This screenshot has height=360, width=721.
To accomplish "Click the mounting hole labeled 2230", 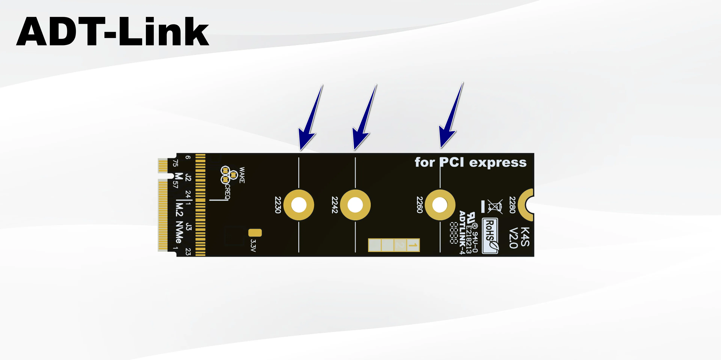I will [299, 205].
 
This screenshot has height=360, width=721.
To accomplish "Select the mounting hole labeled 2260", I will [440, 205].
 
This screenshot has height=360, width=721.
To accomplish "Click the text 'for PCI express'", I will [471, 162].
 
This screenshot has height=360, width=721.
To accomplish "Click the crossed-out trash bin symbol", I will [495, 206].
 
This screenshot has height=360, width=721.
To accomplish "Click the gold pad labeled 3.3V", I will [255, 233].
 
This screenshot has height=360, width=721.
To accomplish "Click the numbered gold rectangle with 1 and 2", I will [394, 245].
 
